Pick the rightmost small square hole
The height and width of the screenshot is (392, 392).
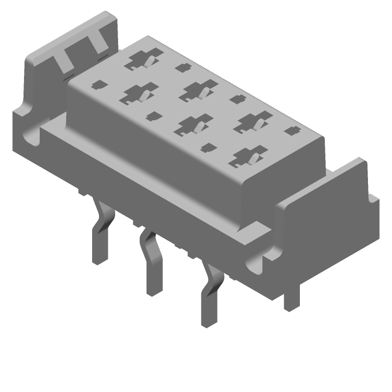(293, 131)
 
